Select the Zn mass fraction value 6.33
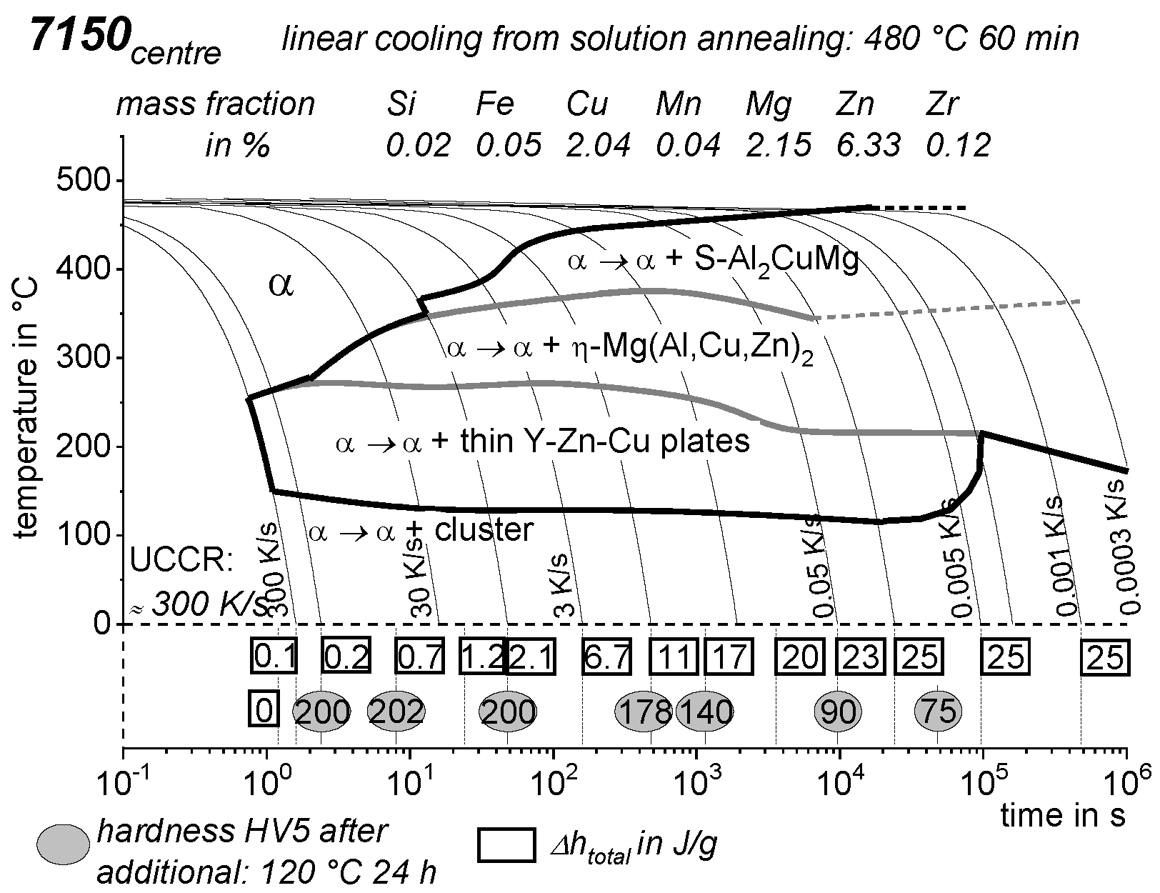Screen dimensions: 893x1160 (x=869, y=145)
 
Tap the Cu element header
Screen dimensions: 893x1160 (x=587, y=104)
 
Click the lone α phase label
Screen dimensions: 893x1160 (x=281, y=284)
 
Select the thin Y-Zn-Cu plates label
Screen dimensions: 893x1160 (x=542, y=441)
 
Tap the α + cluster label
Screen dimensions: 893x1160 (x=421, y=531)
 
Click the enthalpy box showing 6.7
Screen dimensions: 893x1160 (x=607, y=656)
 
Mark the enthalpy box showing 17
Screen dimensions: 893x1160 (x=729, y=656)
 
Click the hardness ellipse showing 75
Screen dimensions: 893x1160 (x=939, y=712)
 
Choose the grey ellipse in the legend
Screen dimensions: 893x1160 (x=64, y=845)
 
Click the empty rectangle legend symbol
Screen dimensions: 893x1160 (x=506, y=846)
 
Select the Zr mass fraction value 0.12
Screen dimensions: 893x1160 (x=959, y=145)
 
